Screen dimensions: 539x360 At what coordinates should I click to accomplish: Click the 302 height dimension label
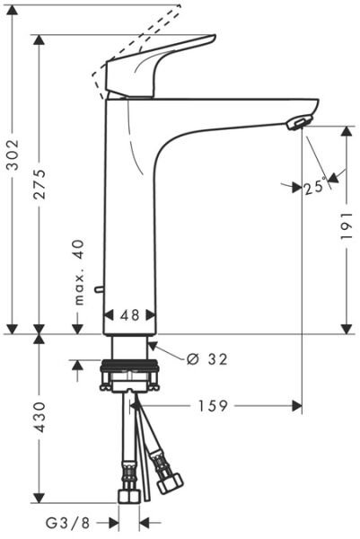[12, 172]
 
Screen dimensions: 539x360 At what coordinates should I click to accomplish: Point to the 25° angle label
[313, 187]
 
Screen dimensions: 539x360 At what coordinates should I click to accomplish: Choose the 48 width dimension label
[130, 316]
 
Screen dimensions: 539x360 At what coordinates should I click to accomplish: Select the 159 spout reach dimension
[212, 406]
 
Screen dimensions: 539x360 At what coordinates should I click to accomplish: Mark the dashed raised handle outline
[135, 36]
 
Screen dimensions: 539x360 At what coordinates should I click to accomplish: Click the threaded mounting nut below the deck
[130, 367]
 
